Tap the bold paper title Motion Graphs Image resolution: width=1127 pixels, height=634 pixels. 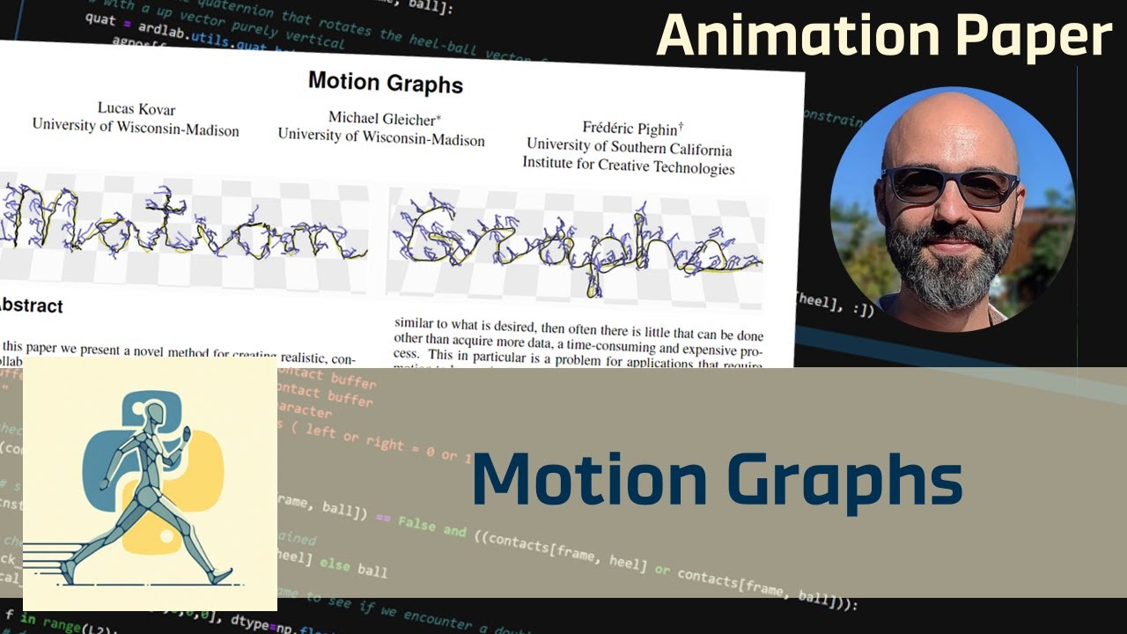click(x=385, y=83)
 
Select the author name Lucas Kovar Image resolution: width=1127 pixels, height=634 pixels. click(x=136, y=109)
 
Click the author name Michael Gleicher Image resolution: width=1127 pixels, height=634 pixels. click(x=383, y=118)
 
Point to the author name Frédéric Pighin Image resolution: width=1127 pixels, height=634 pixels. click(x=632, y=129)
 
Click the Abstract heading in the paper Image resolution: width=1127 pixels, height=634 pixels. click(x=32, y=306)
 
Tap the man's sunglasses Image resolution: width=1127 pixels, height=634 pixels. click(x=951, y=186)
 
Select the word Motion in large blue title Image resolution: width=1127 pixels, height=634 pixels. click(x=589, y=480)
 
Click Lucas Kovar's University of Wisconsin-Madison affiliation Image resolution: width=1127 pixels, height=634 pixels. click(x=136, y=129)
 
